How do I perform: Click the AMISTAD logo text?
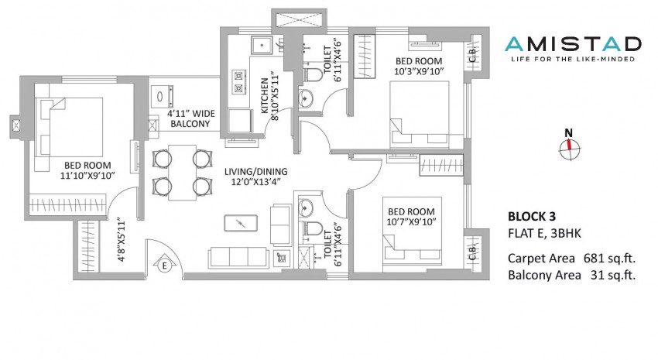click(573, 44)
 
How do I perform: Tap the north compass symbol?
click(570, 146)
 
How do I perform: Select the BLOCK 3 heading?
click(532, 217)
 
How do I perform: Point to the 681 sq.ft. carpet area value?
click(609, 258)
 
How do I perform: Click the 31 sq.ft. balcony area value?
click(612, 276)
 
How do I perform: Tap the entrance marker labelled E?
click(164, 266)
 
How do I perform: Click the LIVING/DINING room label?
click(256, 172)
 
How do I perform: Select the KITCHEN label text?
click(265, 96)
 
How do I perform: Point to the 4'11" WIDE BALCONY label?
click(191, 118)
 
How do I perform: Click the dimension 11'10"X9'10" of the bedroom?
click(87, 176)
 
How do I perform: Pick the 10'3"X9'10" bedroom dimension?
click(419, 72)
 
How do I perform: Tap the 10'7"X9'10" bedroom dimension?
click(411, 222)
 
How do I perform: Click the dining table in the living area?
click(182, 173)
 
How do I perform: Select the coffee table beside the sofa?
click(241, 223)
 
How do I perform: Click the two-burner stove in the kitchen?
click(238, 82)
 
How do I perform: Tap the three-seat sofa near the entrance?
click(238, 257)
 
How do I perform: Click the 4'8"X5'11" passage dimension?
click(122, 239)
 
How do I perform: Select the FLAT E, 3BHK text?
click(545, 233)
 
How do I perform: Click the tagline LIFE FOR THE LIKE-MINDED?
click(573, 59)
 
